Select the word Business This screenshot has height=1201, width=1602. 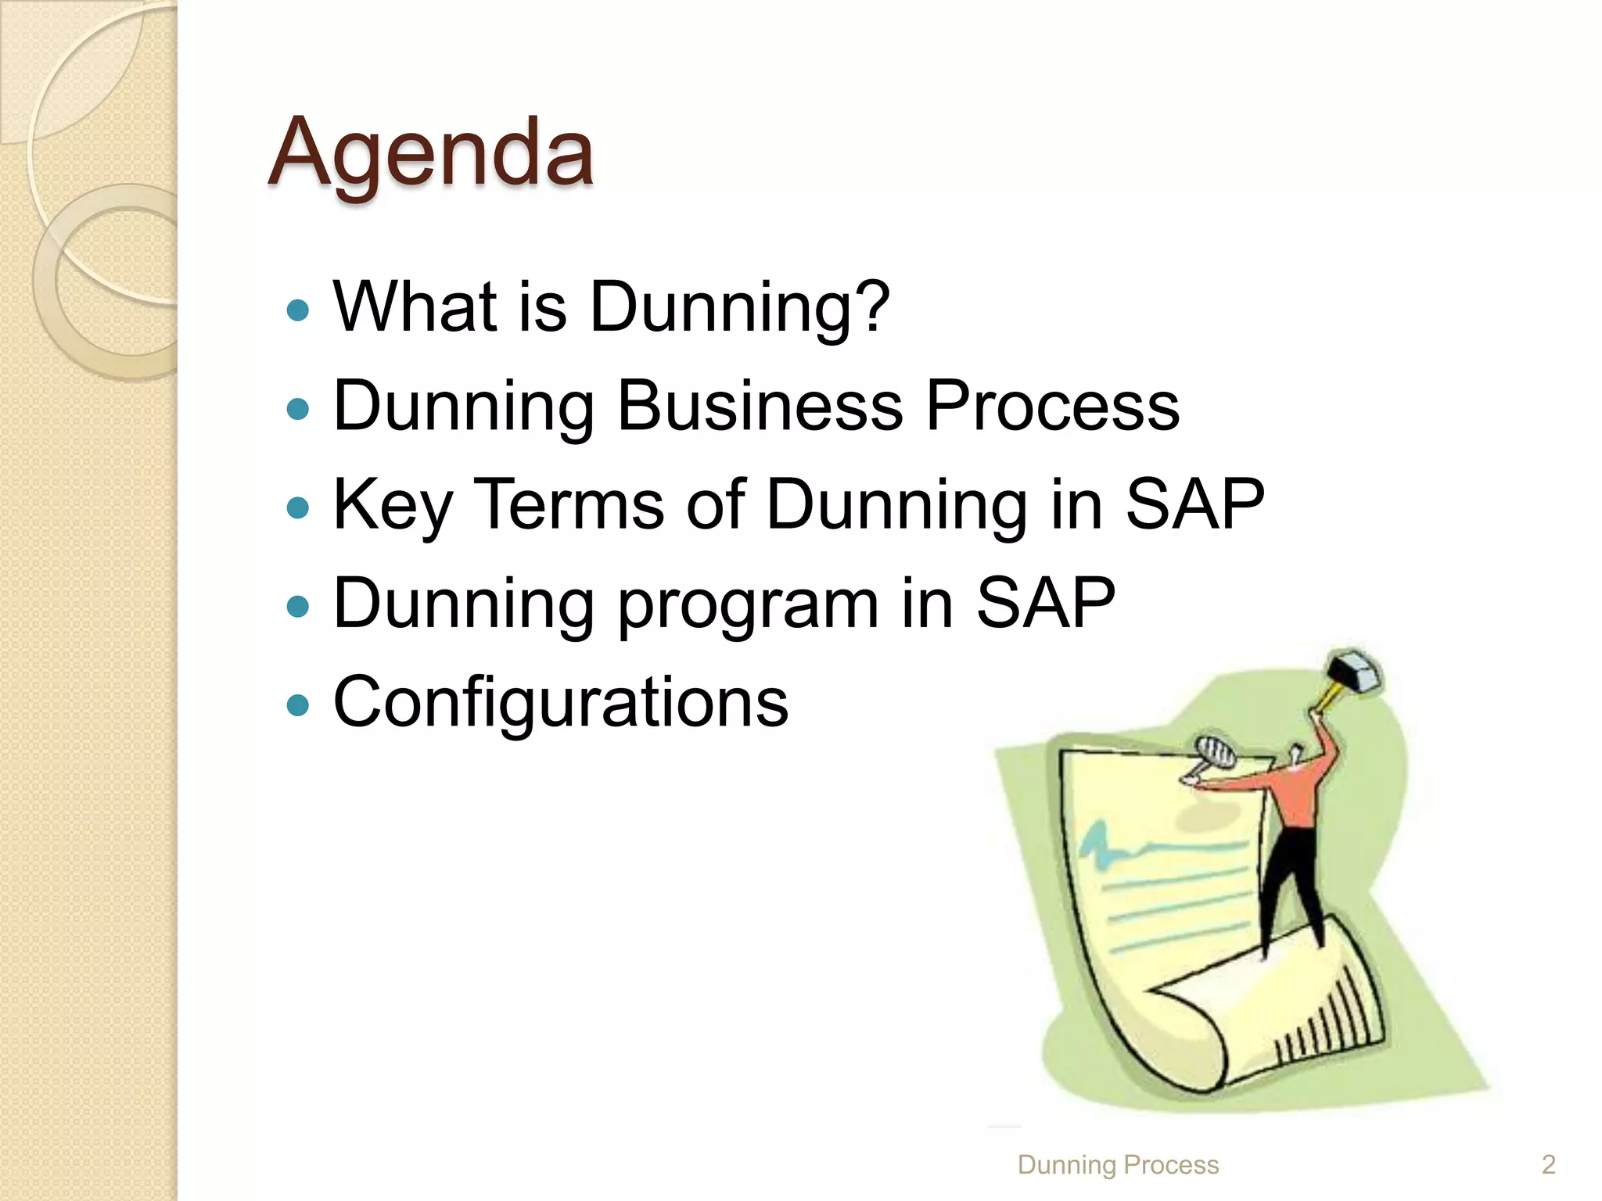(x=760, y=405)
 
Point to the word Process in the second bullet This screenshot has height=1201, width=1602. (x=1052, y=405)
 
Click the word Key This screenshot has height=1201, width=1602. (x=392, y=506)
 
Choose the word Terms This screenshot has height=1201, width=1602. (x=569, y=504)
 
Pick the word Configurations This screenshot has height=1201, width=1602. (x=561, y=701)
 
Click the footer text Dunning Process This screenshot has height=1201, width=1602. (x=1118, y=1165)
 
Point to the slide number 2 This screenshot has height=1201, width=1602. (x=1548, y=1165)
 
